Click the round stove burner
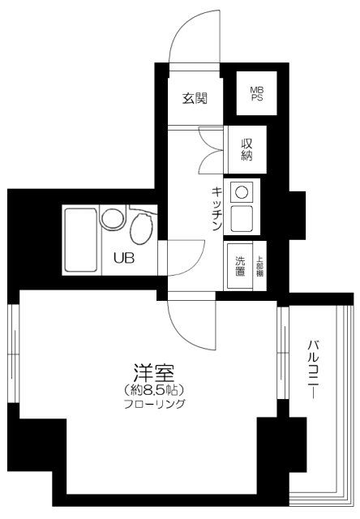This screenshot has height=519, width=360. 241,193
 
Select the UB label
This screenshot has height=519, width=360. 123,259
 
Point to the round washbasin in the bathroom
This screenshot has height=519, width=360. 112,222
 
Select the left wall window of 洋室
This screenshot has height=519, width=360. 14,354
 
